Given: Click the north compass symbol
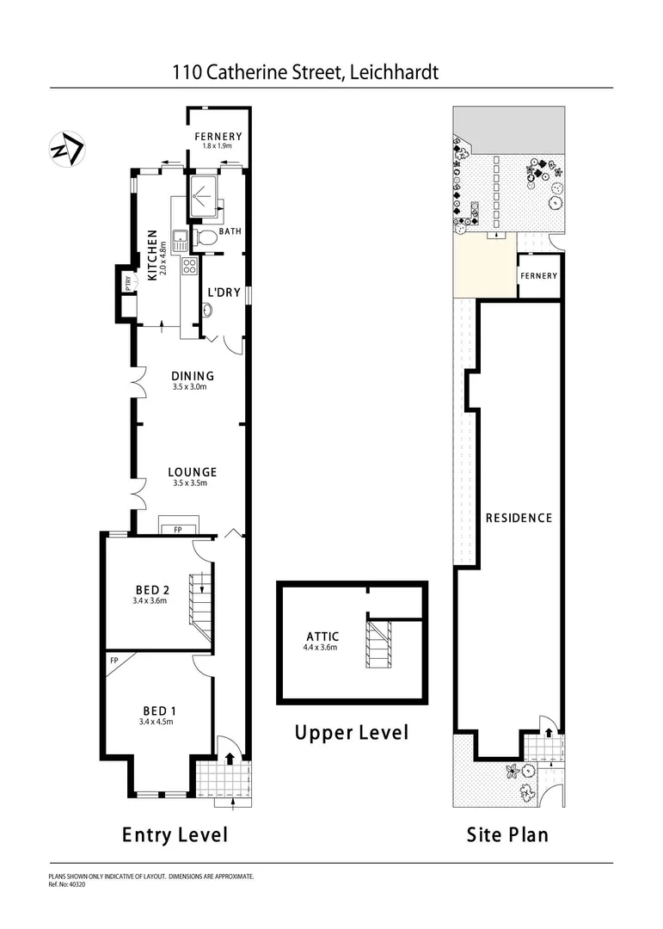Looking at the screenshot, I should click(66, 149).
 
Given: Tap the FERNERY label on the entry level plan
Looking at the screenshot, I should click(218, 137).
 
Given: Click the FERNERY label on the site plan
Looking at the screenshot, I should click(538, 276).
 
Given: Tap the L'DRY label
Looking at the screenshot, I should click(224, 292).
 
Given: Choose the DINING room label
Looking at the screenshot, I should click(192, 376).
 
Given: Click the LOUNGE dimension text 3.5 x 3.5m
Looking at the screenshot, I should click(192, 484).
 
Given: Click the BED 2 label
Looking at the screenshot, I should click(150, 589).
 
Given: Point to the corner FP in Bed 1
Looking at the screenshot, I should click(114, 661).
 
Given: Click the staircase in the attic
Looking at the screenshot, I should click(379, 647).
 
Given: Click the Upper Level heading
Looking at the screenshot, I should click(351, 733).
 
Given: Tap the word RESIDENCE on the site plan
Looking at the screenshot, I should click(519, 518).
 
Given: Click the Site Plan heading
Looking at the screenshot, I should click(507, 834).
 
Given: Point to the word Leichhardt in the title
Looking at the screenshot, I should click(394, 72).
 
